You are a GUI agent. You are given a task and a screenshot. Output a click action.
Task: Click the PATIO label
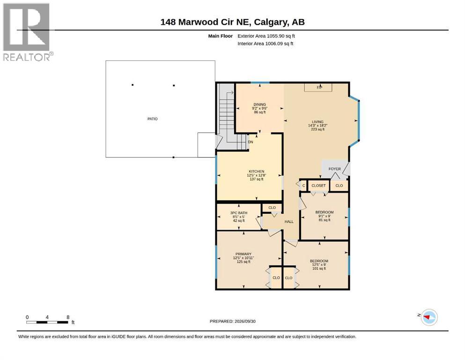tap(153, 119)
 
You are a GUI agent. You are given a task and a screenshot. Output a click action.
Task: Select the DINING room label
tap(259, 105)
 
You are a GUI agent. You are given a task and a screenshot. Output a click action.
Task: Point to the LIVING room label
tap(317, 122)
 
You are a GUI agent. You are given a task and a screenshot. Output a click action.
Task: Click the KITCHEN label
tap(257, 172)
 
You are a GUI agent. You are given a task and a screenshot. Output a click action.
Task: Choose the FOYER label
tap(334, 169)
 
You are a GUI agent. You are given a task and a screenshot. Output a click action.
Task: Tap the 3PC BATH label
tap(239, 213)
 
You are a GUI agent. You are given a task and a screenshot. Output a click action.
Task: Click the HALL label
tap(289, 222)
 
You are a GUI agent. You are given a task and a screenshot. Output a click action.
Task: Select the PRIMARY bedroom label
tap(244, 254)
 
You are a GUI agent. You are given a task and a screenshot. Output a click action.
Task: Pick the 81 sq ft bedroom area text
tap(325, 220)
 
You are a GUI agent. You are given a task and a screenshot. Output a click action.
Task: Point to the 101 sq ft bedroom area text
tap(319, 268)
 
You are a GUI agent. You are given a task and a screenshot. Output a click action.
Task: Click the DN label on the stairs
tap(251, 142)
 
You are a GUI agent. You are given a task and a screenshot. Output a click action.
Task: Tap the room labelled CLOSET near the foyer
tap(318, 186)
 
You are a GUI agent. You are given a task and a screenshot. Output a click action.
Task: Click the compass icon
tap(429, 317)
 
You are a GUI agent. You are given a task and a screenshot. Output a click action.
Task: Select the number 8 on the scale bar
tap(68, 317)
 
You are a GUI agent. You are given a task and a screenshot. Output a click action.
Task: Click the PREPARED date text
tap(232, 321)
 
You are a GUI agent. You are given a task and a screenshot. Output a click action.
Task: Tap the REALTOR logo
tap(27, 32)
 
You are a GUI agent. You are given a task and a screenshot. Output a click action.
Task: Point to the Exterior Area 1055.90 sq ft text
tap(266, 36)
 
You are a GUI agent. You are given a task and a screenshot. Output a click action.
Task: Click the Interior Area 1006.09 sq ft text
tap(265, 43)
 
